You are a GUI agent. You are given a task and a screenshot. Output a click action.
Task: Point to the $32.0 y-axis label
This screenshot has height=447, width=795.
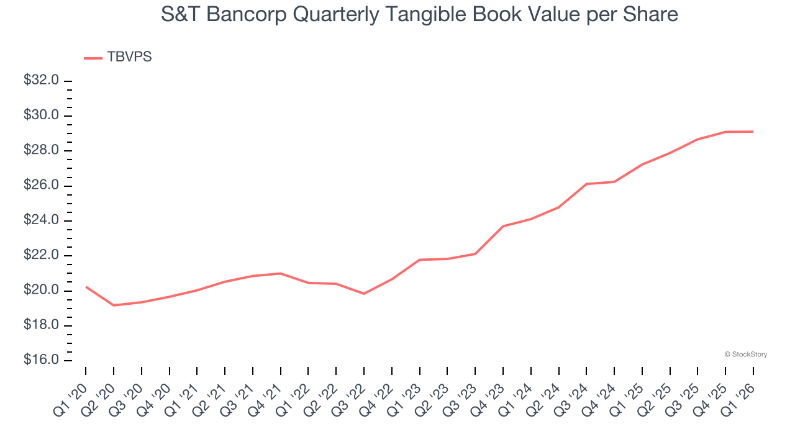pyautogui.click(x=41, y=81)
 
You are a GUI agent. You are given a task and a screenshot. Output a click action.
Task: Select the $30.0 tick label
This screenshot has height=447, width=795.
pyautogui.click(x=41, y=115)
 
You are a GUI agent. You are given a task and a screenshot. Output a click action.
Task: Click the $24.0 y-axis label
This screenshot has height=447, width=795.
pyautogui.click(x=41, y=220)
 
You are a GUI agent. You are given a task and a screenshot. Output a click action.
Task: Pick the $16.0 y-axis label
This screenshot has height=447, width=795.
pyautogui.click(x=41, y=360)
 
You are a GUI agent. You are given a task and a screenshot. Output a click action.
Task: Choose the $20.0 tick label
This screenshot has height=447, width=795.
pyautogui.click(x=41, y=291)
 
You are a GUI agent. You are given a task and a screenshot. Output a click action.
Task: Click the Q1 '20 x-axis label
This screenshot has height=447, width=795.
pyautogui.click(x=73, y=391)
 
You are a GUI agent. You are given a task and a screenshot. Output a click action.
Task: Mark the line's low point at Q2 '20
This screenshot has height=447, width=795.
pyautogui.click(x=114, y=305)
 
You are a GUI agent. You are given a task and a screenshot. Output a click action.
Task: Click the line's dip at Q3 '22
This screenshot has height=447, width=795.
pyautogui.click(x=364, y=294)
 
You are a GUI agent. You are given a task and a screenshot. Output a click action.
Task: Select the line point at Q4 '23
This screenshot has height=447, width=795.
pyautogui.click(x=503, y=226)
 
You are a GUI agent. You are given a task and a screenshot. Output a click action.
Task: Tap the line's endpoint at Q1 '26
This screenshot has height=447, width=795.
pyautogui.click(x=753, y=132)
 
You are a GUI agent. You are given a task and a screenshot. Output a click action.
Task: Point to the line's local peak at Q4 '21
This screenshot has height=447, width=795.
pyautogui.click(x=281, y=273)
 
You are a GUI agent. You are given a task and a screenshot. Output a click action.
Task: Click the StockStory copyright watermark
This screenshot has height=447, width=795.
pyautogui.click(x=745, y=354)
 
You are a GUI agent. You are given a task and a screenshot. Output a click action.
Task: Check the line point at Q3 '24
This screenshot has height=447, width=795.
pyautogui.click(x=586, y=184)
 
